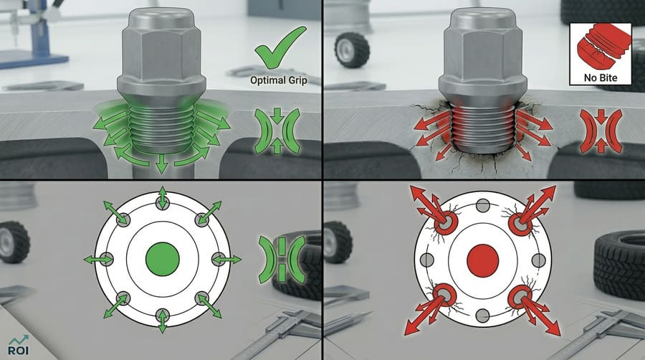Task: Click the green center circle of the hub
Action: click(162, 258)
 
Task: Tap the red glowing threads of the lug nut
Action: click(482, 125)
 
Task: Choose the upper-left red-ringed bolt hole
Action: click(445, 222)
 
